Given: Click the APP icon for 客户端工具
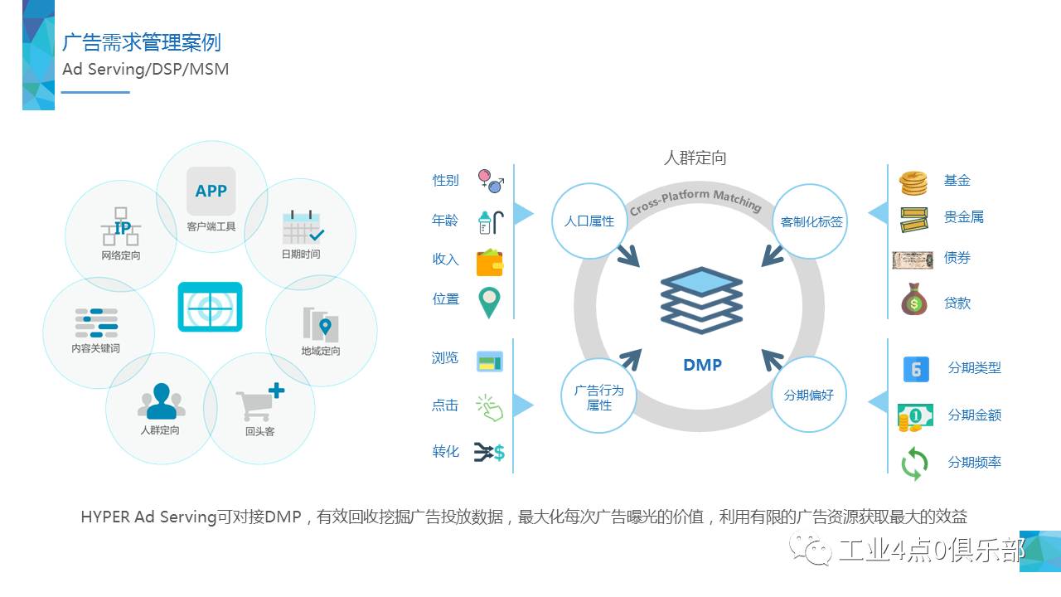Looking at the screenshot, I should coord(211,192).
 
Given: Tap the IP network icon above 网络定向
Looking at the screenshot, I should coord(121,226).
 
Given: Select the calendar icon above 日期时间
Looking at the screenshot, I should coord(303,226).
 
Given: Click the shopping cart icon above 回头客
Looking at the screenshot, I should coord(259,403).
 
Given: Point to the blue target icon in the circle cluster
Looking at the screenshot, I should coord(210,307).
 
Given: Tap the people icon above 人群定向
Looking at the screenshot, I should coord(161,401).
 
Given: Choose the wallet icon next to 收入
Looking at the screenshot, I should coord(490,263).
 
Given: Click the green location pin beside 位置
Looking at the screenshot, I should coord(489,303).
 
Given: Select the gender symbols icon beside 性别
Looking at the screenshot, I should coord(491,181).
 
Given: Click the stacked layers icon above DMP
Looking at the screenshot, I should coord(701,300).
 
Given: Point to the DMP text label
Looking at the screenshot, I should coord(702,364).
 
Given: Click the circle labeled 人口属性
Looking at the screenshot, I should coord(589,221).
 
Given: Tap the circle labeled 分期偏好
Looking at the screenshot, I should coord(809,395).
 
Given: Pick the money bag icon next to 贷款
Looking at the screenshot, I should coord(913,299).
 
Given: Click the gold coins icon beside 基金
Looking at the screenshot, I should coord(913,182).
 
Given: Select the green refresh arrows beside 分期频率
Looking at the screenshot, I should coord(914,464).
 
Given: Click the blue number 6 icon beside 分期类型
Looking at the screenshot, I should coord(915,369).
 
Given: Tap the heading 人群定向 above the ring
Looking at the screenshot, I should coord(695,158).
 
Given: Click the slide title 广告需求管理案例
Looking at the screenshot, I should coord(142,41).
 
